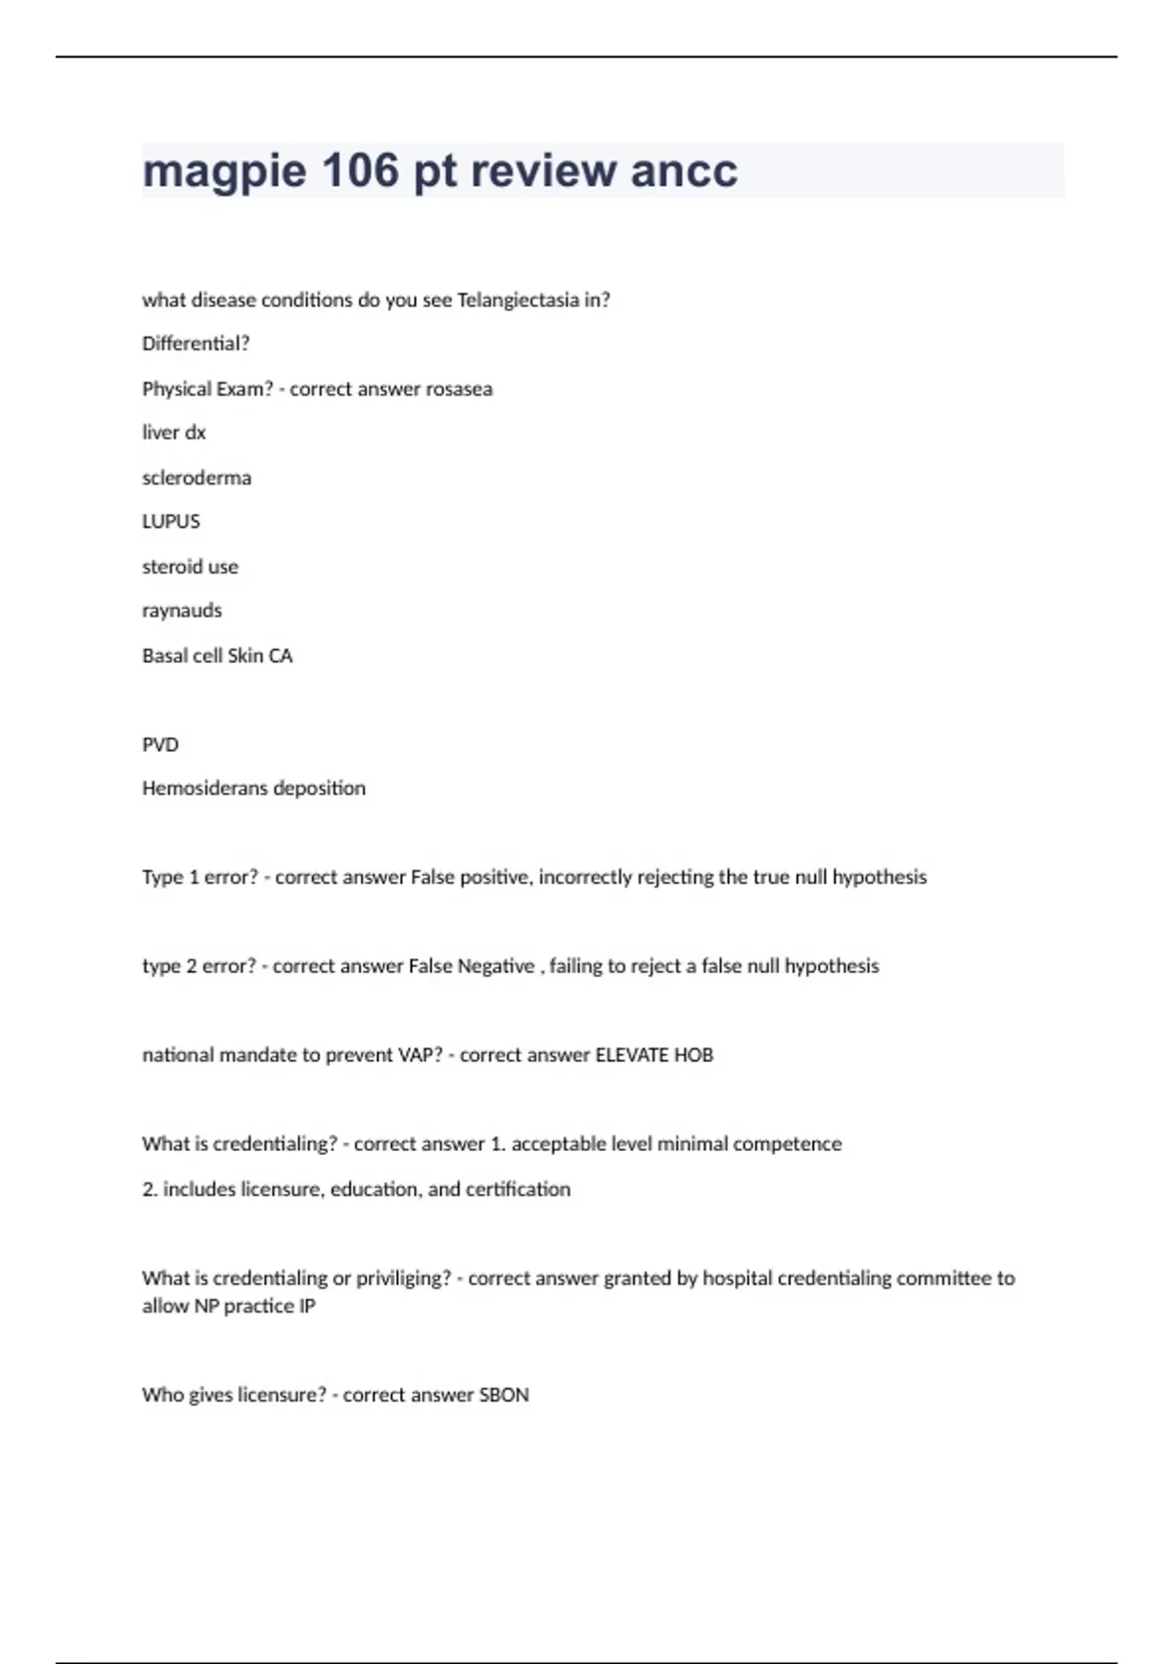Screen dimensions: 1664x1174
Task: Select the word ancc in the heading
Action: coord(684,170)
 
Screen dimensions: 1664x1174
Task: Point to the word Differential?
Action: coord(196,344)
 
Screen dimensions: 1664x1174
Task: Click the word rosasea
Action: coord(459,389)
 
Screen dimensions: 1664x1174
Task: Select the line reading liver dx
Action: coord(174,433)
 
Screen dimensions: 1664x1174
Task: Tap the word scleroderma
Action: coord(197,478)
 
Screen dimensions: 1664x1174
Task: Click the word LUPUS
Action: coord(171,522)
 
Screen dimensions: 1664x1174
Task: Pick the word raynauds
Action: coord(182,611)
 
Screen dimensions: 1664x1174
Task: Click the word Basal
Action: coord(165,656)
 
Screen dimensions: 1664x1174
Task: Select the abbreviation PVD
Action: coord(160,745)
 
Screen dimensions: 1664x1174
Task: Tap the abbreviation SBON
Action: coord(504,1395)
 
